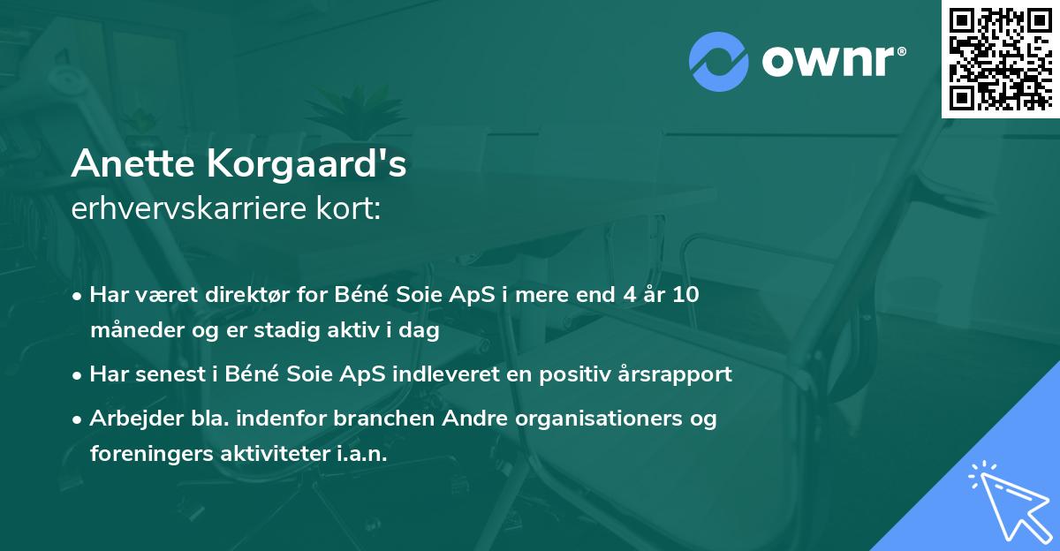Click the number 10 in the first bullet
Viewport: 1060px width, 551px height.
coord(683,295)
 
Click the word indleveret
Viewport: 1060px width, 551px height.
coord(439,374)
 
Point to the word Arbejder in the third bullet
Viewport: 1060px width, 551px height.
coord(130,418)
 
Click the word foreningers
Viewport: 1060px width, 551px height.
coord(143,454)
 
